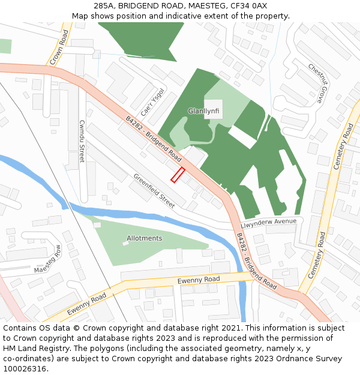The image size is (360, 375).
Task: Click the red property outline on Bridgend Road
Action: point(178,175)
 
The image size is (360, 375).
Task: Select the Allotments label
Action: point(144,238)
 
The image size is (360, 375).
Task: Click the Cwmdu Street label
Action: point(82,141)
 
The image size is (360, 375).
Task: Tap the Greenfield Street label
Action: point(154,191)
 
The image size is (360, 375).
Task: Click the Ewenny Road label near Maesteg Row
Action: point(86,304)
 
